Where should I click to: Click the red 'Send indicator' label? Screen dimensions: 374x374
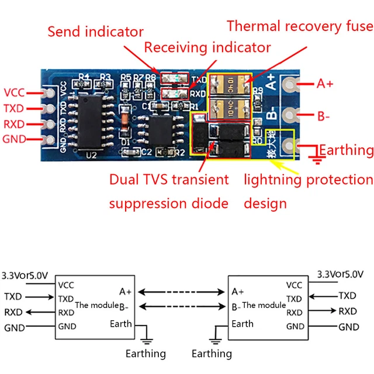[95, 32]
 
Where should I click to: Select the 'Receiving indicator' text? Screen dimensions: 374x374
[207, 47]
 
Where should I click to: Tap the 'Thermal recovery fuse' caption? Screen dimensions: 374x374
[299, 26]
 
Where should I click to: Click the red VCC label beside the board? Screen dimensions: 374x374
[15, 93]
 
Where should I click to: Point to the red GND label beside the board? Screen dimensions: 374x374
[15, 139]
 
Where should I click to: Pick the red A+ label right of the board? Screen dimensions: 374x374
[325, 84]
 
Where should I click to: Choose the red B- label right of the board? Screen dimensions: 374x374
[324, 116]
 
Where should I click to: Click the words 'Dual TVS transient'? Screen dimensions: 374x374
[169, 179]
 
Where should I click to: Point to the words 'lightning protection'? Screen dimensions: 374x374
[308, 179]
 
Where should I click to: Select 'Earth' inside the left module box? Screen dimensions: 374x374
[120, 324]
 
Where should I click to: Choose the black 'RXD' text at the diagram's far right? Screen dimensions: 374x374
[348, 311]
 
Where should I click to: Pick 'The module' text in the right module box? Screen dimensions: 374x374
[264, 305]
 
